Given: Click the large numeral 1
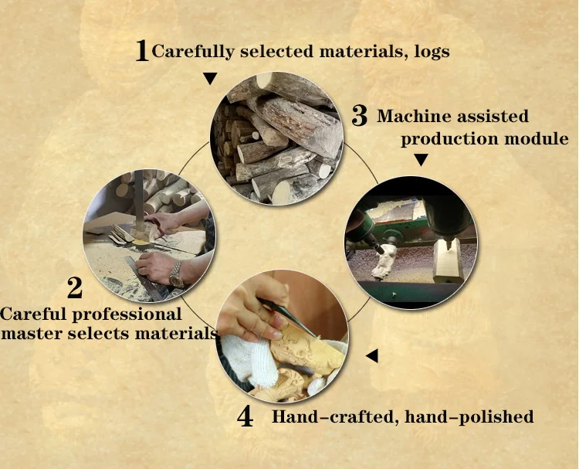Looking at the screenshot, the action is pos(142,51).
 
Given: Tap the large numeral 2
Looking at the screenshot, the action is pos(75,287).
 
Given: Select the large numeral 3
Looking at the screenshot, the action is pos(359,116).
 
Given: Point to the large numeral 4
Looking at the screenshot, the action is pos(245,416).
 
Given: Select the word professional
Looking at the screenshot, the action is pos(127,315).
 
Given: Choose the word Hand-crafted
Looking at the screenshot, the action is pos(335,417).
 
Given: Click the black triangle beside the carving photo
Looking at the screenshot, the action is pos(372,355).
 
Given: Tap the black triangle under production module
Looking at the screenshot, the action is pos(421,160).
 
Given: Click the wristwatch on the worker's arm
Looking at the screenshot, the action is pos(177,274).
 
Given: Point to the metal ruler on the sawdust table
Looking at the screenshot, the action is pos(145,275).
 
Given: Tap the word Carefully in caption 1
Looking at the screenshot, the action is pos(193,52).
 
